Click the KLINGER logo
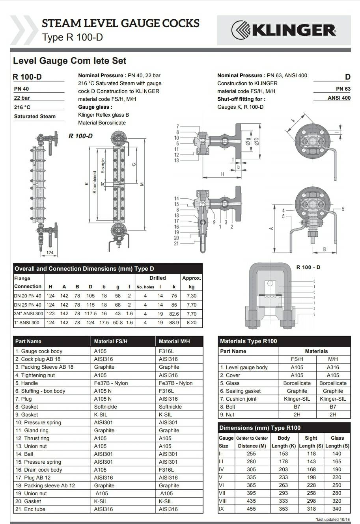tap(284, 30)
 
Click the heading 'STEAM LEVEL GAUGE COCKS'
tap(120, 23)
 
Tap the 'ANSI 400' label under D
tap(339, 98)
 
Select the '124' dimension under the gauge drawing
tap(50, 253)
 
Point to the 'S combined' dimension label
tap(95, 182)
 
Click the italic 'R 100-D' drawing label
tap(80, 136)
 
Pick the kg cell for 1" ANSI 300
tap(192, 322)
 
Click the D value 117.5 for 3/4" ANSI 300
tap(90, 314)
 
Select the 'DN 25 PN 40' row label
tap(28, 305)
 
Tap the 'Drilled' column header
tap(157, 278)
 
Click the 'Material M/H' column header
tap(174, 341)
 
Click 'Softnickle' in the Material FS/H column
tap(105, 407)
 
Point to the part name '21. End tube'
tap(30, 509)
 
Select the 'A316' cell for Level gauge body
tap(333, 367)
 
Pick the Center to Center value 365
tap(251, 485)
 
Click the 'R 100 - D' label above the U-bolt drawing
tap(308, 267)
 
